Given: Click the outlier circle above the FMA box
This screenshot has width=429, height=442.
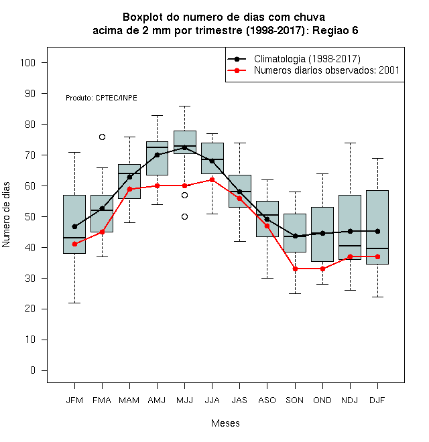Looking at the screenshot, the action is click(x=102, y=137).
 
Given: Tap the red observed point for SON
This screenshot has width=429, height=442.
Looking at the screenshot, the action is click(x=295, y=269).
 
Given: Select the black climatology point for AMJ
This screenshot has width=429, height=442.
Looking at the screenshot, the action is click(x=158, y=155).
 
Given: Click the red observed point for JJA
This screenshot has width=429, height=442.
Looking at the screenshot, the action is click(x=212, y=180).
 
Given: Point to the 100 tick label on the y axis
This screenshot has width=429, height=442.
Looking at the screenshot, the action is click(x=27, y=62).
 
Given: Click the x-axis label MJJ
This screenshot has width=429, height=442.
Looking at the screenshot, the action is click(x=184, y=400).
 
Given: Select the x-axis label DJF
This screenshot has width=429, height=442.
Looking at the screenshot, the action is click(x=377, y=400).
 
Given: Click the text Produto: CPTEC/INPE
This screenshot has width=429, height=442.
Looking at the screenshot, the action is click(x=101, y=98).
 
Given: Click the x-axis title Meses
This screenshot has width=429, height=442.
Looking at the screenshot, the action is click(x=225, y=423).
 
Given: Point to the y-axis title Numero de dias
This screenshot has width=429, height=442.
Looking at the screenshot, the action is click(x=6, y=215).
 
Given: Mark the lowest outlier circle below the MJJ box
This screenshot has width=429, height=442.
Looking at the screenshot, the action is click(x=184, y=217).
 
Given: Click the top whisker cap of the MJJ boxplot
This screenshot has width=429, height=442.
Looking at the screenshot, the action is click(x=184, y=106).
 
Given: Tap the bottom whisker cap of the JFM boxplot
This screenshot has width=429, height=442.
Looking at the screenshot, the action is click(x=74, y=303).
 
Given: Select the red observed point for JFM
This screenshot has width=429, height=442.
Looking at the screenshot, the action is click(x=74, y=244).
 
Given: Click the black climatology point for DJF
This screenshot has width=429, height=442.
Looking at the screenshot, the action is click(x=377, y=232).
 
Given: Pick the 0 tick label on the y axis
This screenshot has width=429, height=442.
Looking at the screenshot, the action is click(x=33, y=370).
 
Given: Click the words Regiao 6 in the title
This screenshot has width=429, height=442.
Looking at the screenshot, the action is click(x=335, y=30).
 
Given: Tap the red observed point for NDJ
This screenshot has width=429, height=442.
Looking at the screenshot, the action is click(x=351, y=256).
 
